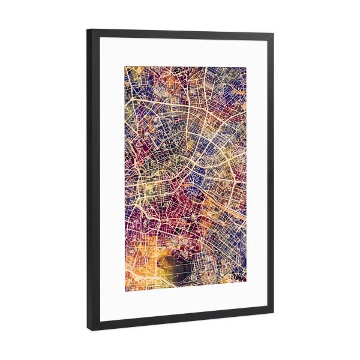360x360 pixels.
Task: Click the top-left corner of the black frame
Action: point(88,29)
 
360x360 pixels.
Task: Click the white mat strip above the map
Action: point(180,52)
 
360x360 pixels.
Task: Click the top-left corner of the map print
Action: point(125,66)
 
